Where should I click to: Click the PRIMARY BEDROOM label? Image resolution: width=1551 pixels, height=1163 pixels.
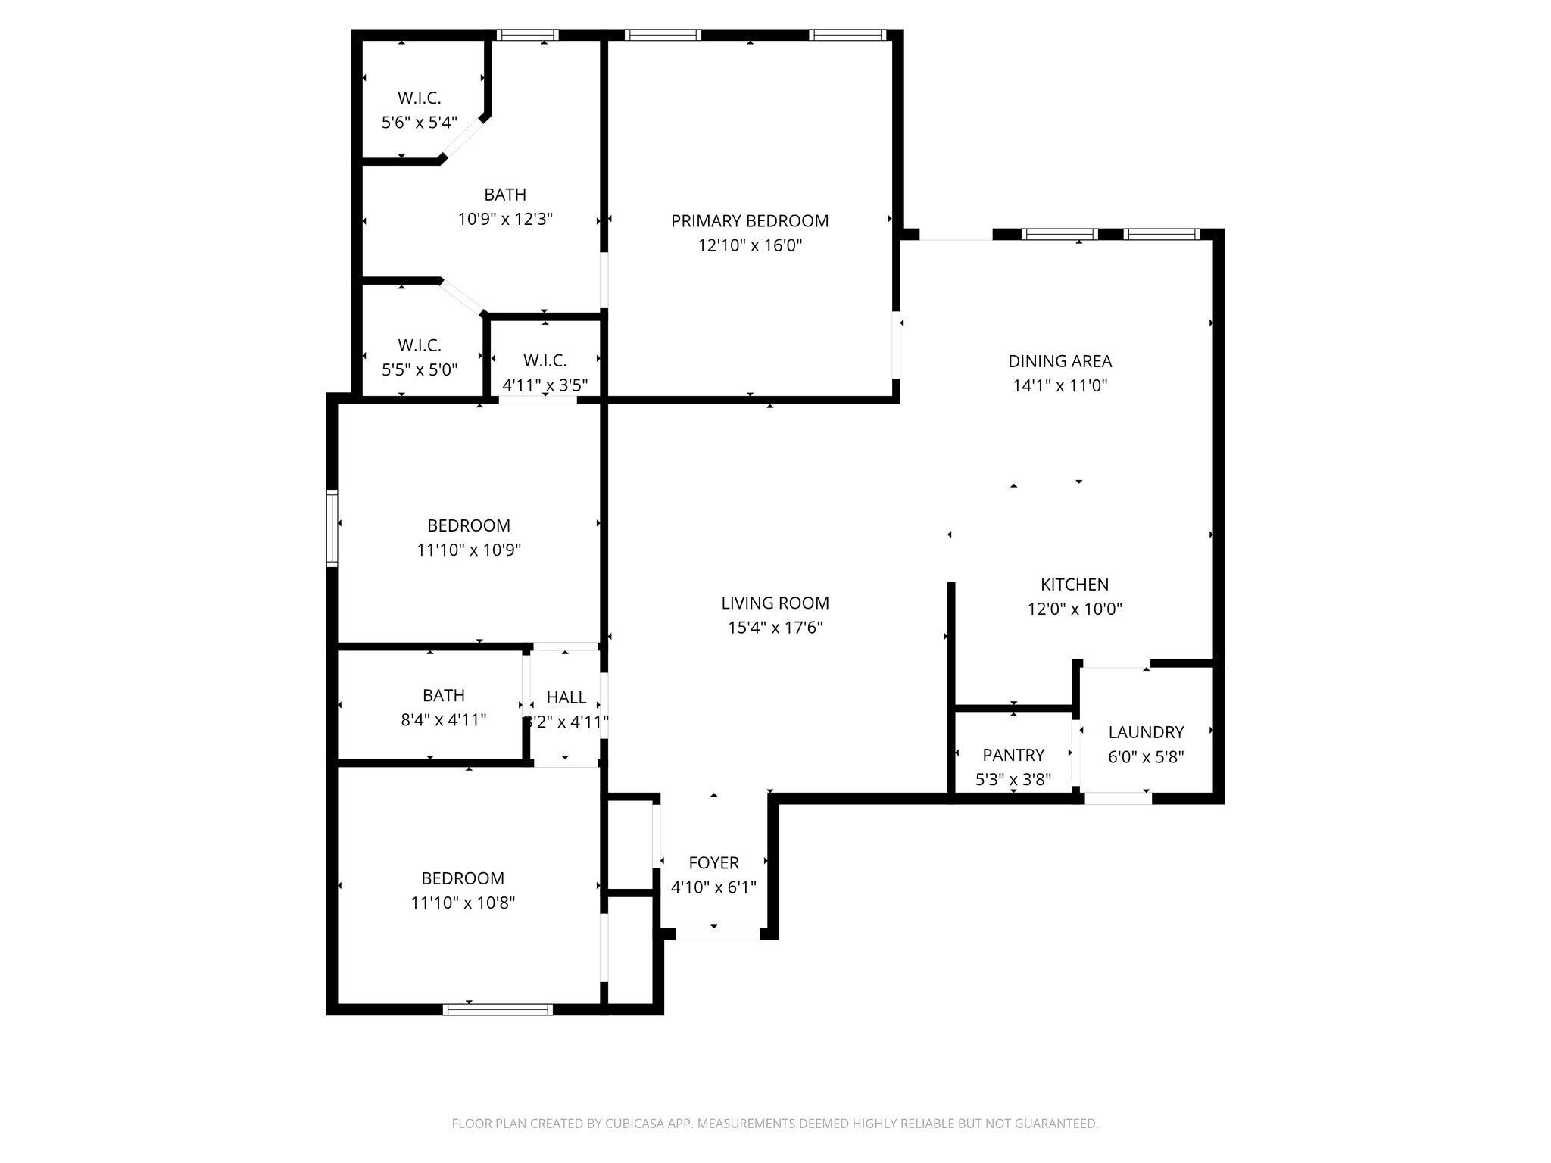click(x=749, y=221)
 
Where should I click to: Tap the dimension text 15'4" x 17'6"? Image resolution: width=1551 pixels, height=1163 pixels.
click(x=775, y=628)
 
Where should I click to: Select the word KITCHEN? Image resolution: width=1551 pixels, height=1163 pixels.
click(x=1074, y=585)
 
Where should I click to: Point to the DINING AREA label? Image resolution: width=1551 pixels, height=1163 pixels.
click(x=1059, y=361)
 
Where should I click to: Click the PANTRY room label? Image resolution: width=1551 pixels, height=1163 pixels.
click(x=1013, y=755)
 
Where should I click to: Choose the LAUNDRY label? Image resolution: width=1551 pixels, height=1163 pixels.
click(x=1145, y=732)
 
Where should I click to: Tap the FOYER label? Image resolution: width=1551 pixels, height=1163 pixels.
click(x=713, y=862)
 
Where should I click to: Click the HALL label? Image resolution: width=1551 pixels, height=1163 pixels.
click(x=566, y=697)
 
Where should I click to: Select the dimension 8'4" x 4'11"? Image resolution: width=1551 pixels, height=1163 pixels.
click(x=443, y=720)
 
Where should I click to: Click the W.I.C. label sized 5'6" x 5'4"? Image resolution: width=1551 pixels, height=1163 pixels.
click(x=419, y=98)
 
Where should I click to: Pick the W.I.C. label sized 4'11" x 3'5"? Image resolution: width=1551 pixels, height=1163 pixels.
click(x=545, y=361)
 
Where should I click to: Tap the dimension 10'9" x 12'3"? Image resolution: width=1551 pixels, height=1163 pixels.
click(x=505, y=220)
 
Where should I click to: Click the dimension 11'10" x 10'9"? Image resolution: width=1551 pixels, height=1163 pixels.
click(x=469, y=550)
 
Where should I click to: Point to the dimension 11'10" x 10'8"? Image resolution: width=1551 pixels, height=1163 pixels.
click(x=463, y=903)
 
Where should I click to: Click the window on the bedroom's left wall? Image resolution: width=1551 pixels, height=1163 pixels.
click(x=332, y=528)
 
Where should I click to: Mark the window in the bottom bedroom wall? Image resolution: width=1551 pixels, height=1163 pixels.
click(x=498, y=1009)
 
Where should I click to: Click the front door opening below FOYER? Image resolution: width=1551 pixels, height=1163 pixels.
click(x=716, y=934)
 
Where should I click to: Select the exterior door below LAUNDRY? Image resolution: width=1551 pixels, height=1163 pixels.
click(x=1118, y=798)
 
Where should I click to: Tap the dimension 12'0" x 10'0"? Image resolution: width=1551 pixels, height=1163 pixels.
click(x=1074, y=609)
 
